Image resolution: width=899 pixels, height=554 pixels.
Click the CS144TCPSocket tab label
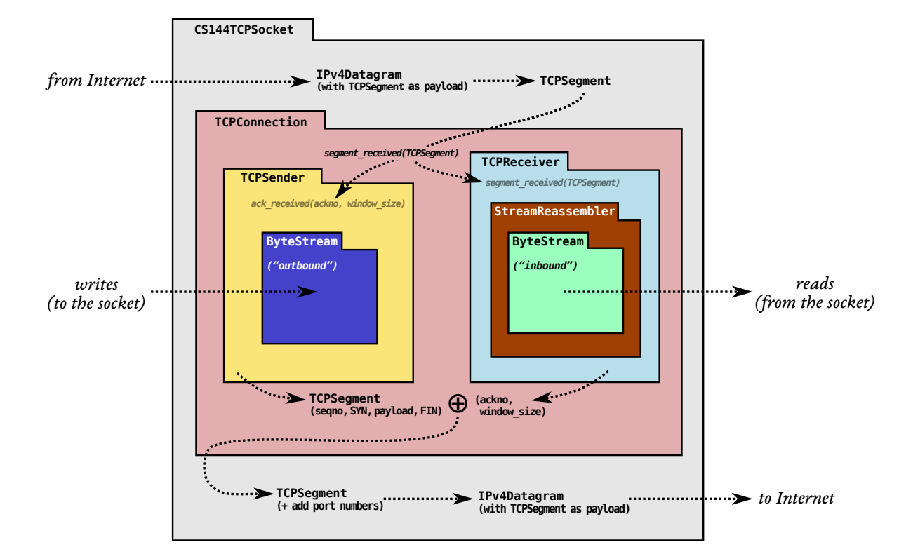[x=244, y=29]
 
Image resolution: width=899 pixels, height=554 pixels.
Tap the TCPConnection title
[x=261, y=122]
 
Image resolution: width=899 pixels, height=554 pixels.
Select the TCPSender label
[x=272, y=177]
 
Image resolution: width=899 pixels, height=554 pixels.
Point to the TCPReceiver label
[x=521, y=162]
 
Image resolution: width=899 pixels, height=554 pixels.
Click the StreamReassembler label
[x=554, y=211]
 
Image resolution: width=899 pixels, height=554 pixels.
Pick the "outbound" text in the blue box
[x=302, y=266]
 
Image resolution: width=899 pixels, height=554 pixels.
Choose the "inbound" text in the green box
[x=545, y=266]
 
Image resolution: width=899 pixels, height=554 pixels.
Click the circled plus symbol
[x=458, y=403]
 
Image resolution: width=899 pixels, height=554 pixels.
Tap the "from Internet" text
[x=96, y=81]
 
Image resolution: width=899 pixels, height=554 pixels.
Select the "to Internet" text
[x=797, y=498]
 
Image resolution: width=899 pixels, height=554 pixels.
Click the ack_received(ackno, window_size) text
[x=328, y=204]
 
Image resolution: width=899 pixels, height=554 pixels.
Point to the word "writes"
[x=97, y=285]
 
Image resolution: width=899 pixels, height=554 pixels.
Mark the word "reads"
[x=815, y=284]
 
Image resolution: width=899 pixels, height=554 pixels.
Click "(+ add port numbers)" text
[x=330, y=506]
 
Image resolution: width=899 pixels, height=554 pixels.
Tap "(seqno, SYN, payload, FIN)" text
[x=376, y=411]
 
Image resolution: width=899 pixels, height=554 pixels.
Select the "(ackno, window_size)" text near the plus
[x=510, y=405]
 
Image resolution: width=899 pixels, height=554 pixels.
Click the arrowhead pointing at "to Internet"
[x=742, y=499]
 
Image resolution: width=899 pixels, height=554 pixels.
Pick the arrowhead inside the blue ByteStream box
[x=307, y=292]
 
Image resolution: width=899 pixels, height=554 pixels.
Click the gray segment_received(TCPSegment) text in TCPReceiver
[x=552, y=183]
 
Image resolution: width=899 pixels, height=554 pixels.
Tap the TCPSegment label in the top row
[x=575, y=81]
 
